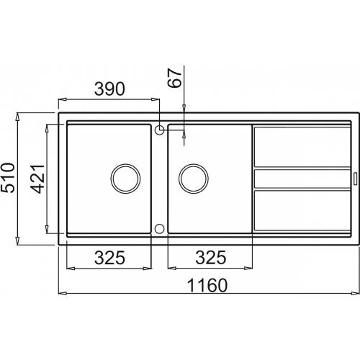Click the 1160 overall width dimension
click(207, 285)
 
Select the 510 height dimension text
click(8, 178)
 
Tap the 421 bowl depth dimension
click(37, 179)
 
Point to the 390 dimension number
click(109, 89)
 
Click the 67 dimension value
click(174, 78)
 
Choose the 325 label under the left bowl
click(109, 258)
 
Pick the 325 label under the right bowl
click(211, 258)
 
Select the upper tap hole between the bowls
click(159, 130)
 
